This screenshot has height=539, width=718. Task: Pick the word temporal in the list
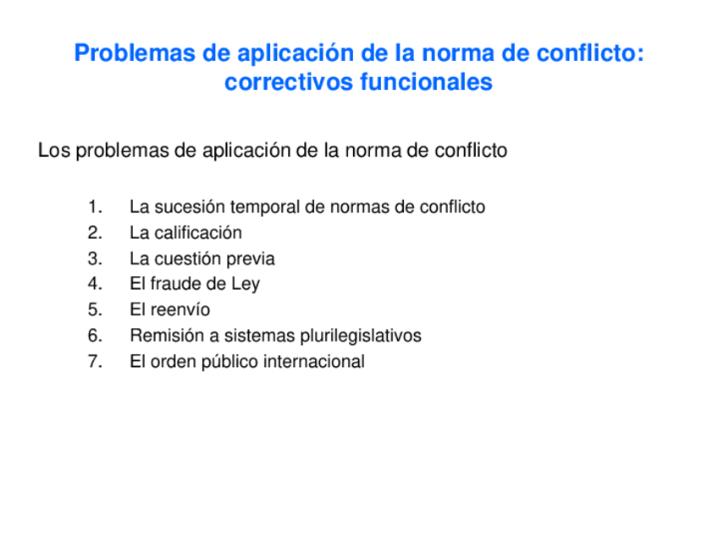pyautogui.click(x=260, y=207)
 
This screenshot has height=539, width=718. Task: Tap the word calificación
pyautogui.click(x=196, y=233)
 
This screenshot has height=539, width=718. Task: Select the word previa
pyautogui.click(x=251, y=258)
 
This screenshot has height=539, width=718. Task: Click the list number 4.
pyautogui.click(x=94, y=284)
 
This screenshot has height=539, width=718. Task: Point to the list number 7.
pyautogui.click(x=94, y=362)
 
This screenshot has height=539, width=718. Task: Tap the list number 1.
pyautogui.click(x=94, y=207)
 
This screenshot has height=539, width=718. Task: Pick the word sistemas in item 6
pyautogui.click(x=255, y=336)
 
